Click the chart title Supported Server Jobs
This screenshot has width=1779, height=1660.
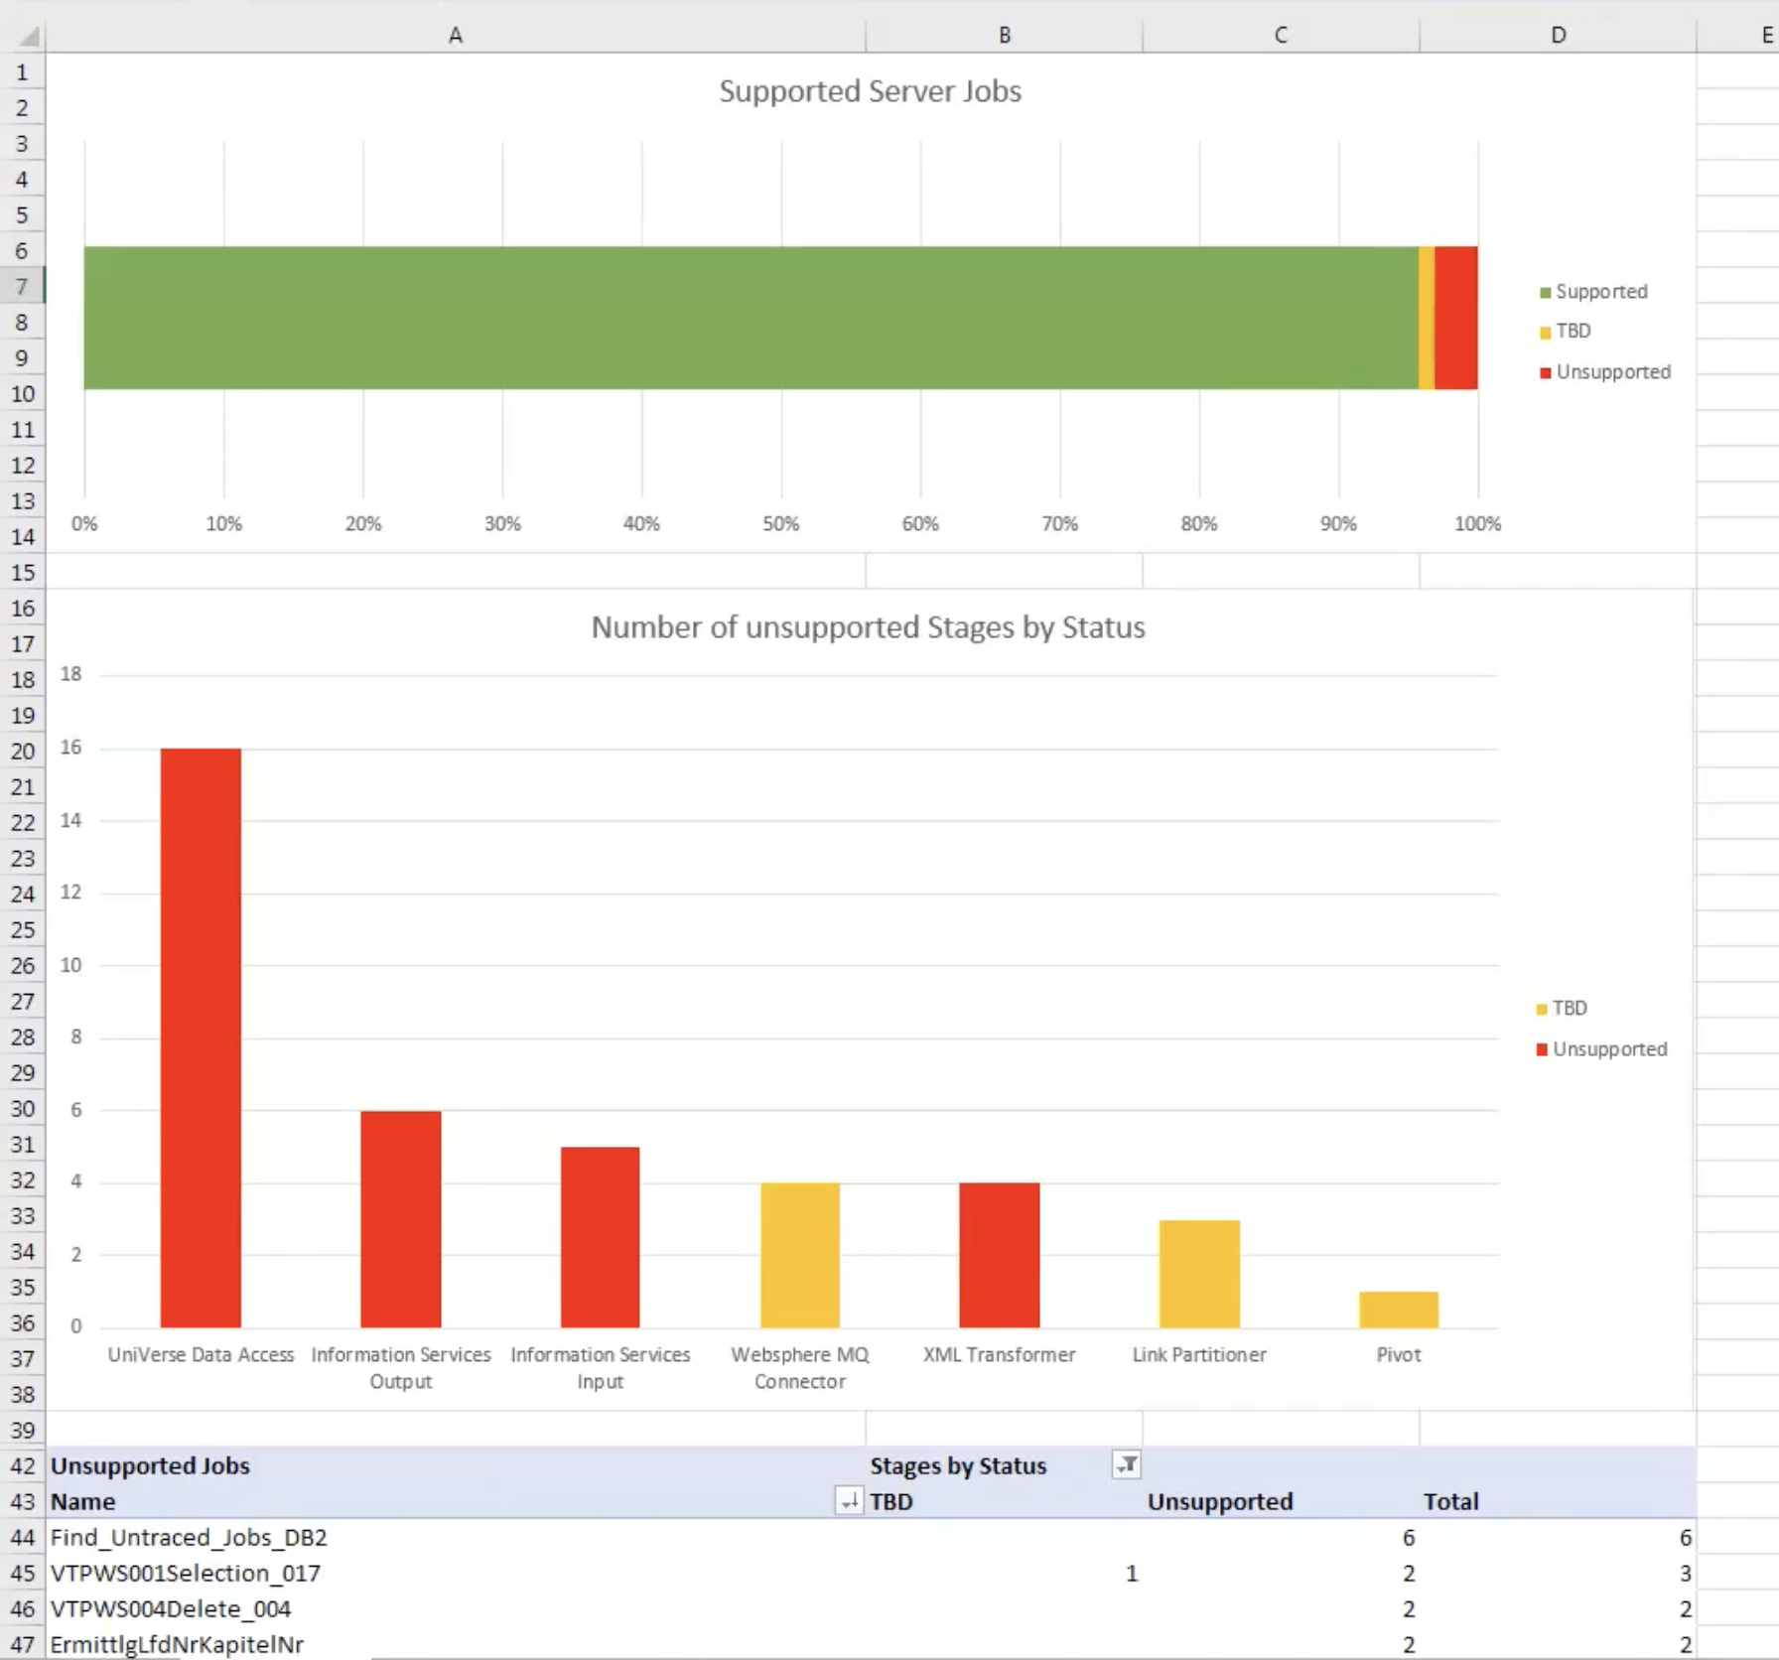pyautogui.click(x=870, y=91)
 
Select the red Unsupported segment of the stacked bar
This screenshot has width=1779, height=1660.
pyautogui.click(x=1455, y=318)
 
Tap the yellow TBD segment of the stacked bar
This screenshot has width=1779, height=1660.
pyautogui.click(x=1427, y=318)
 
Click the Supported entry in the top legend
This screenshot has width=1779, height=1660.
pyautogui.click(x=1600, y=292)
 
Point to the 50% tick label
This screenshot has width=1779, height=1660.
pyautogui.click(x=780, y=524)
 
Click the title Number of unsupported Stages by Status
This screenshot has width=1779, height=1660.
pyautogui.click(x=868, y=627)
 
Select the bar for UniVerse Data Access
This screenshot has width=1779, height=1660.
pyautogui.click(x=201, y=1037)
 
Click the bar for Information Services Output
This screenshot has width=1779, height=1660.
pyautogui.click(x=400, y=1219)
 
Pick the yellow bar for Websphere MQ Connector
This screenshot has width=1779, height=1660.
pyautogui.click(x=799, y=1255)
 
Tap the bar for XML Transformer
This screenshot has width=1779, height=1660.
pyautogui.click(x=999, y=1255)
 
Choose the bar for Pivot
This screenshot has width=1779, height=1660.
pyautogui.click(x=1398, y=1310)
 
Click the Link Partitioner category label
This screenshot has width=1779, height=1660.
pyautogui.click(x=1199, y=1355)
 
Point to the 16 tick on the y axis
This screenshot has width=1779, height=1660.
pyautogui.click(x=70, y=748)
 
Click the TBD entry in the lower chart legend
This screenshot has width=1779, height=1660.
pyautogui.click(x=1569, y=1009)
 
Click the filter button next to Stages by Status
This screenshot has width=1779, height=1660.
pyautogui.click(x=1127, y=1464)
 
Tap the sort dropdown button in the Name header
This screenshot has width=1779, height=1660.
pyautogui.click(x=848, y=1501)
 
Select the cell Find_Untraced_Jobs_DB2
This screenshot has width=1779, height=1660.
pyautogui.click(x=189, y=1538)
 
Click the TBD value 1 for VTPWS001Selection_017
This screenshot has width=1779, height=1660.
pyautogui.click(x=1131, y=1574)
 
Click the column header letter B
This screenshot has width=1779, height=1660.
pyautogui.click(x=1004, y=35)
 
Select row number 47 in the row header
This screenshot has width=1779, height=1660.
pyautogui.click(x=23, y=1645)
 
